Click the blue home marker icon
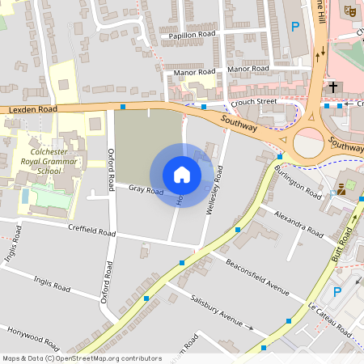[182, 175]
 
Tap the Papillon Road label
[193, 36]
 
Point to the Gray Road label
[146, 190]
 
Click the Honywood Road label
[33, 338]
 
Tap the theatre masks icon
[349, 11]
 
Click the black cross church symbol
[332, 86]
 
